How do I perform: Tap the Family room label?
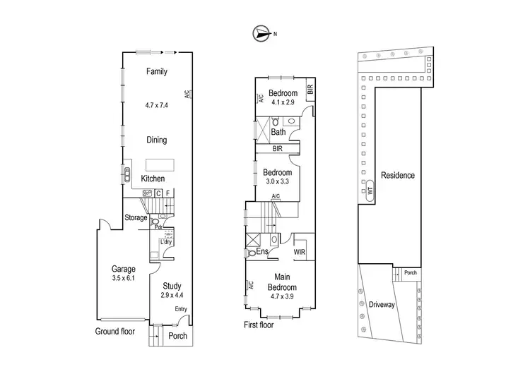[x=156, y=71]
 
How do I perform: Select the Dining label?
[x=156, y=140]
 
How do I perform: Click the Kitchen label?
[x=153, y=179]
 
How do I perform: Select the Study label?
[x=172, y=286]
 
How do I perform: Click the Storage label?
[x=136, y=217]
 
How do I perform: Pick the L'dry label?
[x=167, y=242]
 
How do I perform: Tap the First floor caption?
[x=258, y=325]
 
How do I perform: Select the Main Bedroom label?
[x=281, y=283]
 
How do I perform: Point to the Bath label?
[x=278, y=131]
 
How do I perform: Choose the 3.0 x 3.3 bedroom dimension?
[x=278, y=181]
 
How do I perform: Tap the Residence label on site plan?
[x=397, y=175]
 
